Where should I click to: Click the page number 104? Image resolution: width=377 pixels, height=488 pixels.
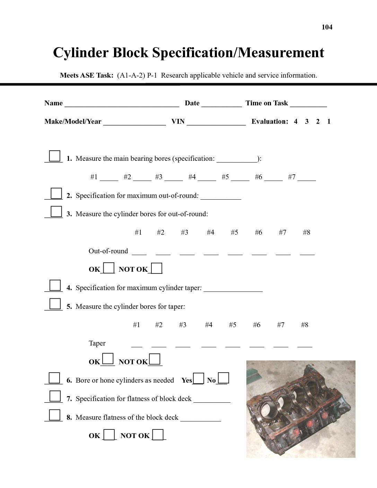pyautogui.click(x=327, y=27)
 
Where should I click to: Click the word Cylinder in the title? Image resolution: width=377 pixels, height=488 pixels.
pyautogui.click(x=81, y=53)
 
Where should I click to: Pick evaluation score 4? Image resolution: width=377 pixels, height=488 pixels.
pyautogui.click(x=296, y=121)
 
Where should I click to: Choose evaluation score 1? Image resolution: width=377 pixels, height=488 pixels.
pyautogui.click(x=329, y=121)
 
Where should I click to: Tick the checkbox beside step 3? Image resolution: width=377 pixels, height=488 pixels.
pyautogui.click(x=56, y=211)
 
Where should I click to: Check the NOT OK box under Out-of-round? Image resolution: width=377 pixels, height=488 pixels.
pyautogui.click(x=157, y=269)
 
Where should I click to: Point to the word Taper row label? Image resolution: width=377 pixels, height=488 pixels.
pyautogui.click(x=97, y=343)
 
